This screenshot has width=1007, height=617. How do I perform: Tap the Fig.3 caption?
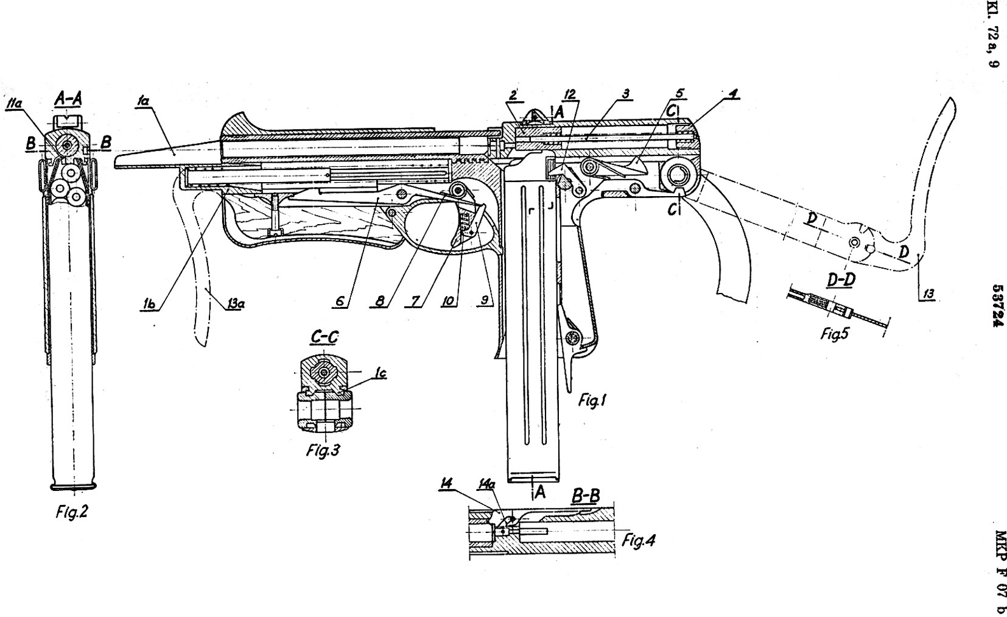pos(323,452)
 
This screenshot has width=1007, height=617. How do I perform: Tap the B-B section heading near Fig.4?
pos(586,496)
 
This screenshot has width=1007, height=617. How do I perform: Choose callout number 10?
pos(450,301)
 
